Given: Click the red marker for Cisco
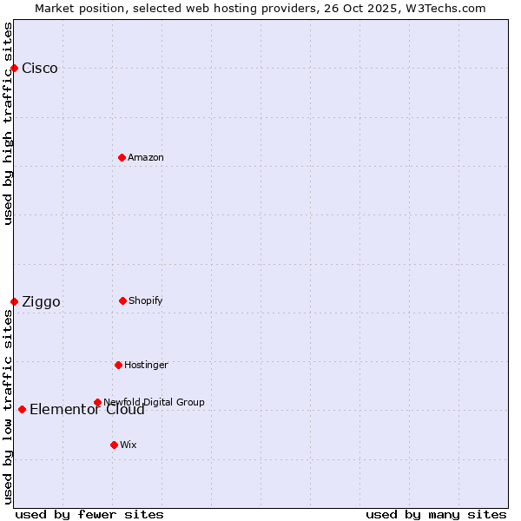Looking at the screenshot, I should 14,68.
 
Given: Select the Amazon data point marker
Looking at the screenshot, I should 122,157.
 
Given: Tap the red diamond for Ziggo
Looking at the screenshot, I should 14,301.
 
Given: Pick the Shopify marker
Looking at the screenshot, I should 122,300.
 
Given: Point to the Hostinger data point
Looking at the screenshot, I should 118,365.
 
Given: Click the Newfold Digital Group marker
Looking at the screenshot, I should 97,402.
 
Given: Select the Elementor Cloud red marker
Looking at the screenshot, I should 22,409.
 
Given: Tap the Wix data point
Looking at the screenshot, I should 114,445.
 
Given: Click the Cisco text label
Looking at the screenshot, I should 40,69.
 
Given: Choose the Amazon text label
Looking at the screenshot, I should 146,157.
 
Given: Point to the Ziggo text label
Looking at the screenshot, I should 41,302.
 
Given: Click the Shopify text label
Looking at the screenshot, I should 146,300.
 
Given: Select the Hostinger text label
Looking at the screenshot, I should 146,365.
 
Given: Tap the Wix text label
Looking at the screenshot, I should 129,445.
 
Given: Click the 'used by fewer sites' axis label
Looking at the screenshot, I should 89,514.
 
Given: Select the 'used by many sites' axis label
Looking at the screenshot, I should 436,514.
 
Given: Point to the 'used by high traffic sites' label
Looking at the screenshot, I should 8,123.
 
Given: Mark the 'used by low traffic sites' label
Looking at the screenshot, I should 8,406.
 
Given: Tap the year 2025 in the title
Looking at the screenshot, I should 363,8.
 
